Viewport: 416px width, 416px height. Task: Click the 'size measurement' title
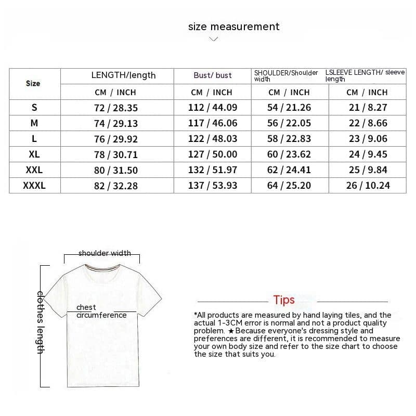[x=233, y=27]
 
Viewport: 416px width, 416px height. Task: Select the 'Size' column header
[x=33, y=83]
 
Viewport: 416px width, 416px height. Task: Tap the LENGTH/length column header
[x=123, y=75]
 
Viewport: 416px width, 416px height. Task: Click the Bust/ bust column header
[x=213, y=75]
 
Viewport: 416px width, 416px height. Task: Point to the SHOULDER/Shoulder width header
[x=286, y=76]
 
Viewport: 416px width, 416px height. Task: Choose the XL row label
[x=34, y=154]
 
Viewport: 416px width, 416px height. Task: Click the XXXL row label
[x=34, y=185]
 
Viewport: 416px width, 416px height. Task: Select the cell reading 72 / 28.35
[x=116, y=108]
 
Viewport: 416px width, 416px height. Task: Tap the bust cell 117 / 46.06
[x=212, y=123]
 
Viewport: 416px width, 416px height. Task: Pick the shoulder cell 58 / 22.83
[x=289, y=139]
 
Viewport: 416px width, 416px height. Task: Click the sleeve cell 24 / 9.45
[x=368, y=154]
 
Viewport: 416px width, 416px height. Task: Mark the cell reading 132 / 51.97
[x=212, y=170]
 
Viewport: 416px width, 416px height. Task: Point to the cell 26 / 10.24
[x=368, y=186]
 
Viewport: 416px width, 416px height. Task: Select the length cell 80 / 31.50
[x=116, y=170]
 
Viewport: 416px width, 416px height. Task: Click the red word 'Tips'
[x=284, y=300]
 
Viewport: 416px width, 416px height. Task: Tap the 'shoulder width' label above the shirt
[x=105, y=253]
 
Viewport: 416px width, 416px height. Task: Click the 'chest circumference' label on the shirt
[x=101, y=311]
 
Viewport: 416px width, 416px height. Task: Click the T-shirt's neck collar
[x=102, y=269]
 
